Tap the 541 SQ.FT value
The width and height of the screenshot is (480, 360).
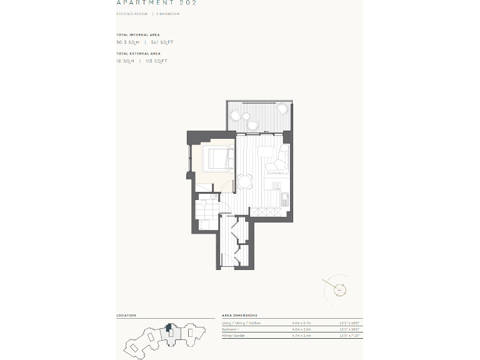click(162, 42)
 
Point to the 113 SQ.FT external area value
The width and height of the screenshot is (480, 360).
click(156, 61)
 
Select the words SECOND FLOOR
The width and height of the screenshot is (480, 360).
click(132, 14)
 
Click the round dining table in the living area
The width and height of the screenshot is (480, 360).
click(245, 182)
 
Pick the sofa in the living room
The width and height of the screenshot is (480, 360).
click(279, 159)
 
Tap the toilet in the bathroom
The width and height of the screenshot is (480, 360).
click(212, 196)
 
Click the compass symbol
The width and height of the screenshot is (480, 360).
click(339, 289)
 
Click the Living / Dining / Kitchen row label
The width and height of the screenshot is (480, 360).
click(241, 323)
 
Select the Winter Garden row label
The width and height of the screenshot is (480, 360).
click(233, 336)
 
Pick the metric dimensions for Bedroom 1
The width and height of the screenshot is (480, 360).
click(301, 329)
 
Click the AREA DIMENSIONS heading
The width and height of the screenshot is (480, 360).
click(239, 316)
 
